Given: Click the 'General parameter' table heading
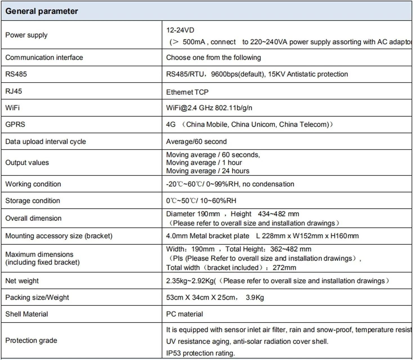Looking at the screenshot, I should tap(42, 11).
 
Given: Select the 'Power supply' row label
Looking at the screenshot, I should tap(26, 35).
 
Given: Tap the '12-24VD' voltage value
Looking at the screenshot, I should tap(180, 30).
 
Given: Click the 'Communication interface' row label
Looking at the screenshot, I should tap(44, 58).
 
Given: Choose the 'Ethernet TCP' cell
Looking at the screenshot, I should tap(187, 92).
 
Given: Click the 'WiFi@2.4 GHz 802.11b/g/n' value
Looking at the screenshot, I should tap(209, 108).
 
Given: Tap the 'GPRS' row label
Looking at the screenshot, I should tap(15, 124).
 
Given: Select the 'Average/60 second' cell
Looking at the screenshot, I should tap(196, 142).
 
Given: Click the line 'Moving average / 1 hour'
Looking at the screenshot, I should tap(204, 163).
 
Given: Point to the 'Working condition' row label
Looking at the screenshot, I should tap(33, 184).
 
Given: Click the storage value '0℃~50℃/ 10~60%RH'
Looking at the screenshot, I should tap(201, 201).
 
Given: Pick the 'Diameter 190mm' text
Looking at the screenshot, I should tap(193, 214).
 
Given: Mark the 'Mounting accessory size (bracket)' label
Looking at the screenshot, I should tap(59, 236).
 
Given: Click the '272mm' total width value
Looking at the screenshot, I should tap(284, 268).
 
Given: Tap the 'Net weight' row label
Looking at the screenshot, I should tap(22, 281).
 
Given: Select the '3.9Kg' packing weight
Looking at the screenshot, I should tap(255, 297).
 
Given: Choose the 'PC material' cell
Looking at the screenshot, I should tap(185, 314).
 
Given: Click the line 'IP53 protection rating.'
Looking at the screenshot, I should tap(200, 353).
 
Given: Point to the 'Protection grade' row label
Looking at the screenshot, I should tap(31, 341).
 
